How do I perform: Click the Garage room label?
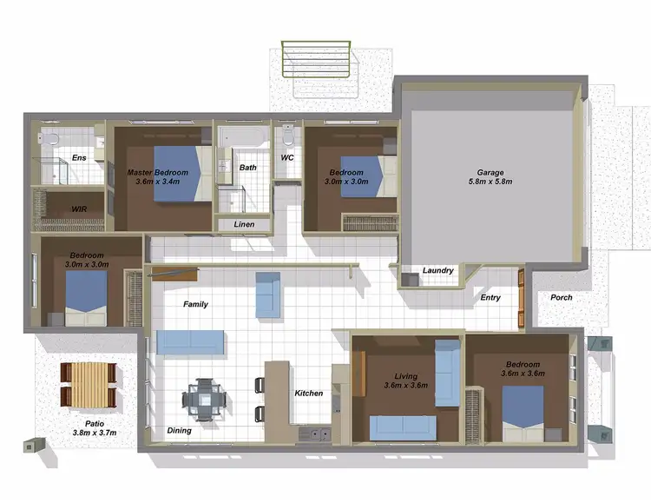click(490, 172)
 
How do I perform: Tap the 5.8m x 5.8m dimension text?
click(490, 182)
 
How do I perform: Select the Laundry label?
click(437, 270)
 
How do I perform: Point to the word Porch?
click(562, 297)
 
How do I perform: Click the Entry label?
click(490, 297)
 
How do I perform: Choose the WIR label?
click(79, 209)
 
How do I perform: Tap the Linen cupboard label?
click(244, 225)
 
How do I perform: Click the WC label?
click(287, 158)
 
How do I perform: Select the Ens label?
click(79, 157)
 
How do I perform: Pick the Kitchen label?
click(308, 393)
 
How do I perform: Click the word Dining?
click(180, 430)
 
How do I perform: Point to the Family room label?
click(194, 304)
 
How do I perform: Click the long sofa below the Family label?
click(191, 341)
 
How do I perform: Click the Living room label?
click(406, 375)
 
